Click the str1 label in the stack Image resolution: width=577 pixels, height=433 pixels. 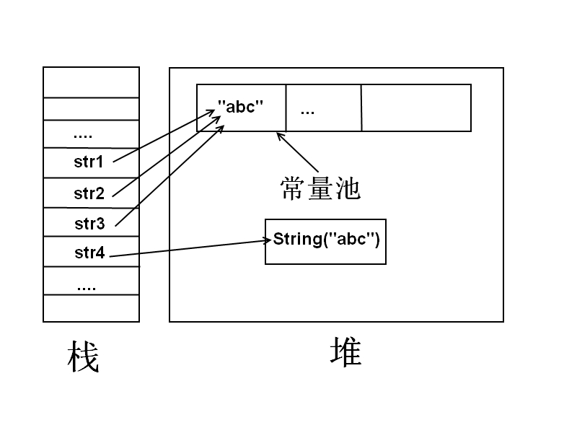88,162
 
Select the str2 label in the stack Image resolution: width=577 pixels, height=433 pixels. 89,193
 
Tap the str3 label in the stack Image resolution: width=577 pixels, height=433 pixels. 89,224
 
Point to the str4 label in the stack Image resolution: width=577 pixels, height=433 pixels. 89,253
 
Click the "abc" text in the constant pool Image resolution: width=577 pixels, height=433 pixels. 240,107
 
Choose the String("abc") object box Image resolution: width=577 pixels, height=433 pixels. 326,242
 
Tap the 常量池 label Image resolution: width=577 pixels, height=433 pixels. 320,188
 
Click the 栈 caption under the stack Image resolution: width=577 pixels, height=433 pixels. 83,356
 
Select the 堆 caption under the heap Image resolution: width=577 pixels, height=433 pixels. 346,352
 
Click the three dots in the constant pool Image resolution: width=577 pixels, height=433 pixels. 307,113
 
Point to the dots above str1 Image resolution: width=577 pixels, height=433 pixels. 83,136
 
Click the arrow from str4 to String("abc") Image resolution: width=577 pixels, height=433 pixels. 190,248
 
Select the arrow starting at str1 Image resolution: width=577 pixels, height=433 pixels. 164,136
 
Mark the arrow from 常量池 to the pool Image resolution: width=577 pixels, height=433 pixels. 298,152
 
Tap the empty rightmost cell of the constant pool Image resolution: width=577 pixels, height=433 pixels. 416,108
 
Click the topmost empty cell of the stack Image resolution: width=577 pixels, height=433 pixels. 92,82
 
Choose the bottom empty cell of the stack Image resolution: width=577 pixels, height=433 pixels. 92,308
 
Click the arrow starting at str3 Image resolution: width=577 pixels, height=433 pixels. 169,175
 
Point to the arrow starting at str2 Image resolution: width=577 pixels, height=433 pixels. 167,156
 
